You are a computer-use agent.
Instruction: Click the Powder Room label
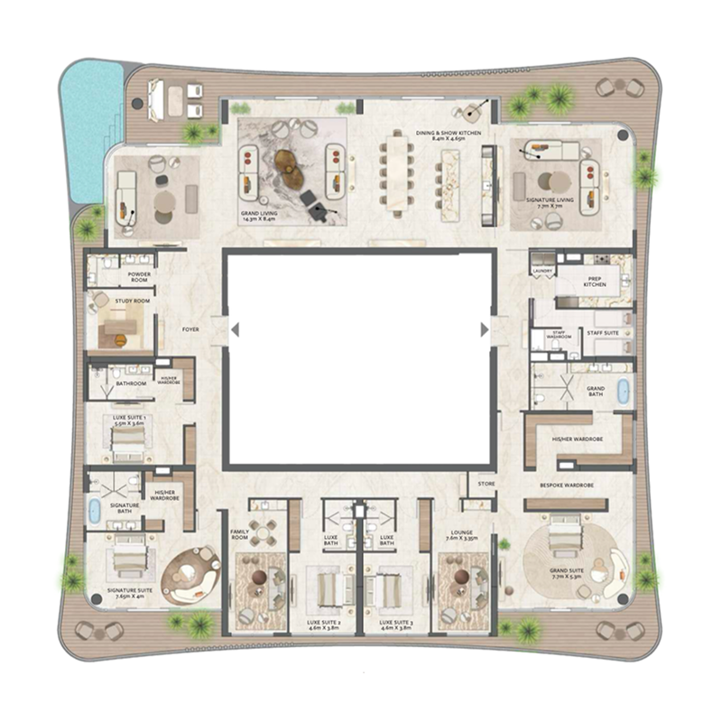(139, 274)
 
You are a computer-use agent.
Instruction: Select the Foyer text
(190, 329)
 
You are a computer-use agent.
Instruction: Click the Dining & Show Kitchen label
(449, 134)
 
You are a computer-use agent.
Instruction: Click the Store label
(486, 485)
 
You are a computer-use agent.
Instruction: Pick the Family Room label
(239, 534)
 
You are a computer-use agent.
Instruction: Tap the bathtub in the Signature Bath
(93, 510)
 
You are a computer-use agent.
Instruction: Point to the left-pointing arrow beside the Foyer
(234, 330)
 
